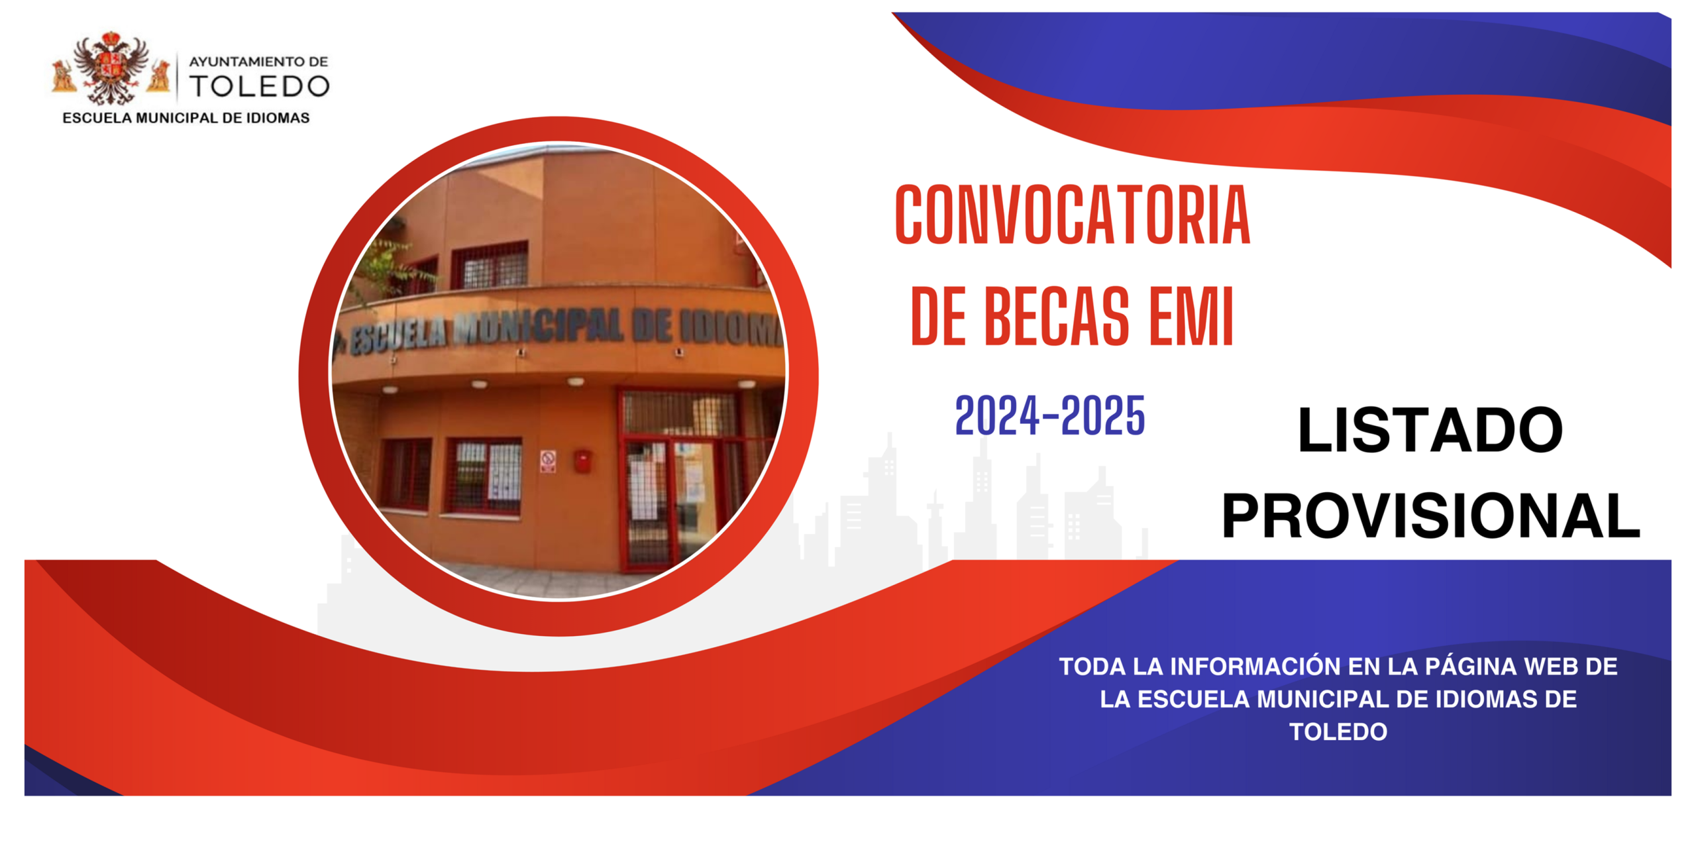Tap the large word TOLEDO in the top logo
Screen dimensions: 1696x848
click(x=259, y=86)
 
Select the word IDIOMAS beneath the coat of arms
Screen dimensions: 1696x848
click(x=278, y=118)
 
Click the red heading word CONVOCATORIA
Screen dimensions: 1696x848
click(x=1072, y=215)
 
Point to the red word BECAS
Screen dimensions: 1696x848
click(x=1057, y=317)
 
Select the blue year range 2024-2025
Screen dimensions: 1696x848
click(x=1050, y=415)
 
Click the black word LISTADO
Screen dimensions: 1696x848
click(x=1430, y=431)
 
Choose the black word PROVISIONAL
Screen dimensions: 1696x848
click(x=1430, y=516)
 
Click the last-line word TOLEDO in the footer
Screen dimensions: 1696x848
click(x=1338, y=731)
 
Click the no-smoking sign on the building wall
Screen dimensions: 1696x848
click(x=548, y=460)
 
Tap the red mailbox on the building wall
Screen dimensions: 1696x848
click(x=582, y=461)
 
